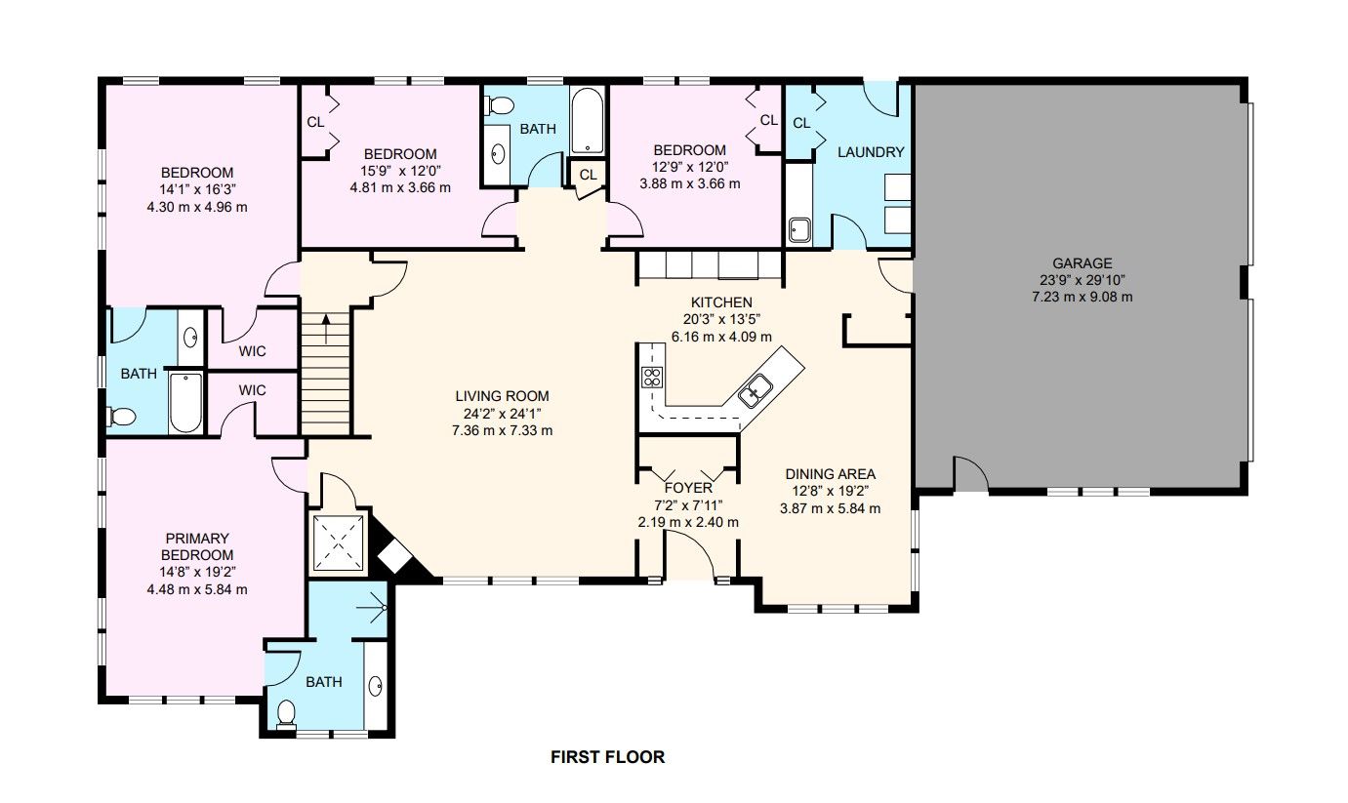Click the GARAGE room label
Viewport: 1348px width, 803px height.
click(1082, 262)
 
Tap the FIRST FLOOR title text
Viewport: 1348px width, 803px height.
click(608, 757)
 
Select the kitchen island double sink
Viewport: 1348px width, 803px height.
click(756, 389)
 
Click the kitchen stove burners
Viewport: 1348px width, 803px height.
click(652, 377)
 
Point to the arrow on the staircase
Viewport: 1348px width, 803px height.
click(326, 329)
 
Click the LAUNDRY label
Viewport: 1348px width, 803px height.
click(871, 152)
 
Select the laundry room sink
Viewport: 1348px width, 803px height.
click(799, 229)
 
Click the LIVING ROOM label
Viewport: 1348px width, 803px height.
click(502, 396)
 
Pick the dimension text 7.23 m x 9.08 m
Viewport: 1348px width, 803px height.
click(1082, 297)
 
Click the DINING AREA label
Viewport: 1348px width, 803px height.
click(831, 474)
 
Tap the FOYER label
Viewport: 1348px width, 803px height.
click(688, 488)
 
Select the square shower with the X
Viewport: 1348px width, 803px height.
click(339, 542)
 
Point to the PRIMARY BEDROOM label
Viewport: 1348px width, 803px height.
click(197, 546)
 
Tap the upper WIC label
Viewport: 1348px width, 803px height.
click(252, 351)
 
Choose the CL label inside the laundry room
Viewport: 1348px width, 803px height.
click(801, 123)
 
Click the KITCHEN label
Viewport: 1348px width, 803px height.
click(721, 301)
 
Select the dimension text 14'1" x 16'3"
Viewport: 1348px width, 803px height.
click(197, 189)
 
